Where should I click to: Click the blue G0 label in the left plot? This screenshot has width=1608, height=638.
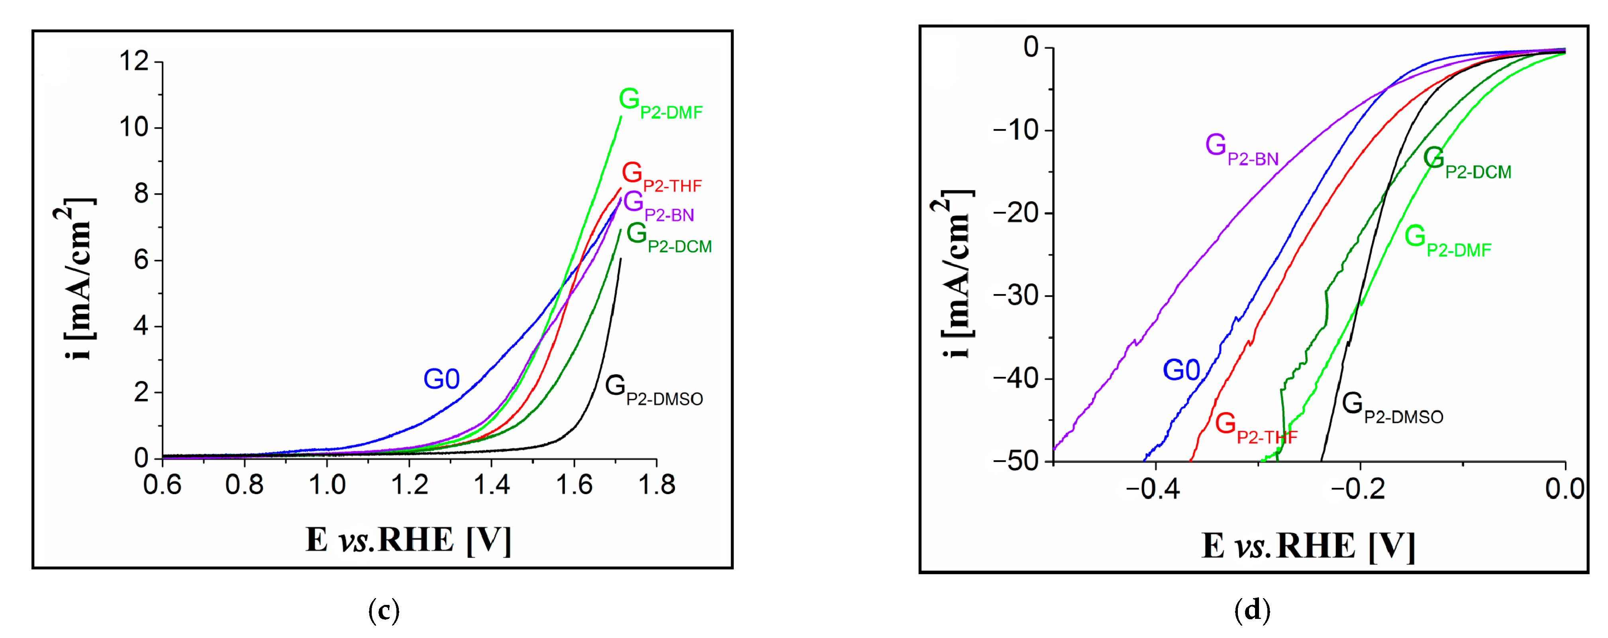pyautogui.click(x=441, y=379)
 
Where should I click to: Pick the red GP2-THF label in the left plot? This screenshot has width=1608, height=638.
pyautogui.click(x=661, y=177)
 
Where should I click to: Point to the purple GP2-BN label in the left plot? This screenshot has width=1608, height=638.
pyautogui.click(x=658, y=207)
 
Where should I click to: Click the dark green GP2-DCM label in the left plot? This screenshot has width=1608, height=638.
pyautogui.click(x=668, y=238)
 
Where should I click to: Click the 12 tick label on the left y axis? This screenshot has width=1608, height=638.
pyautogui.click(x=134, y=62)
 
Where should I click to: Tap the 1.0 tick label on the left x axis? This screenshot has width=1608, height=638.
pyautogui.click(x=327, y=485)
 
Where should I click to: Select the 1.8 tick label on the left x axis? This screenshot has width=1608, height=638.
pyautogui.click(x=656, y=485)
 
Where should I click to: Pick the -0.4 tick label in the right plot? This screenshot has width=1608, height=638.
pyautogui.click(x=1152, y=489)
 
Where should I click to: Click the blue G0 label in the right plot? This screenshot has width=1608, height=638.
pyautogui.click(x=1181, y=370)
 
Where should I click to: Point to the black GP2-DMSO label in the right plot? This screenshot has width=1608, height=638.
pyautogui.click(x=1392, y=408)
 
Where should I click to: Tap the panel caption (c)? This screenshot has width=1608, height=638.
pyautogui.click(x=384, y=610)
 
